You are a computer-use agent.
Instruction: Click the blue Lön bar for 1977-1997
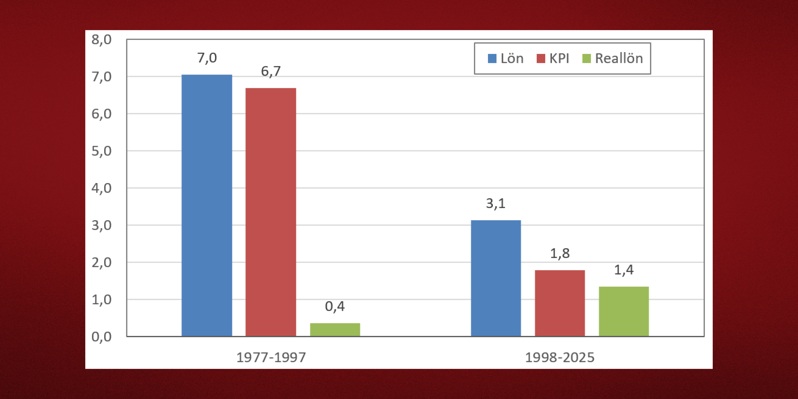pyautogui.click(x=207, y=205)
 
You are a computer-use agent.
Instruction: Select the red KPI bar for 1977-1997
pyautogui.click(x=271, y=212)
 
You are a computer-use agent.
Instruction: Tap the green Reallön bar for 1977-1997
pyautogui.click(x=335, y=330)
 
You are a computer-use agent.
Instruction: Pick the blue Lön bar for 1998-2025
pyautogui.click(x=496, y=278)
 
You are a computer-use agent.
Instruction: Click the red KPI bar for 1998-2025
pyautogui.click(x=560, y=303)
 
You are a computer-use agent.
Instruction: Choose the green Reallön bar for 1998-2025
pyautogui.click(x=624, y=311)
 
